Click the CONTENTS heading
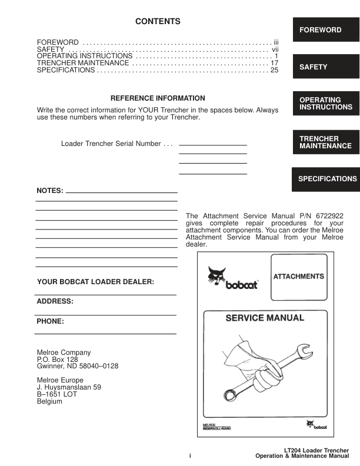158,22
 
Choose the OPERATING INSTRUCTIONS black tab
325,104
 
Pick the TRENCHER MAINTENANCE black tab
325,142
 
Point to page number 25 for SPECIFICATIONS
274,71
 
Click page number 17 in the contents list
274,62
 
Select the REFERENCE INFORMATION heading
158,98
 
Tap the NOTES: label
49,191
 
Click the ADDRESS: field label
55,301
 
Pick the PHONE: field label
50,322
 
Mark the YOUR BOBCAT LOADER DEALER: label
95,282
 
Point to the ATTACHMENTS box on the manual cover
298,277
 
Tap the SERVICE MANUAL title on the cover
265,318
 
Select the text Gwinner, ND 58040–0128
78,366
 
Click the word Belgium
49,402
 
